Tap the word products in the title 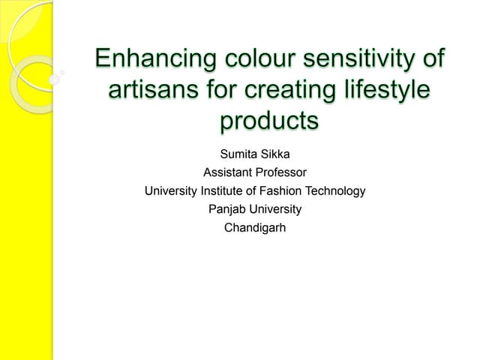[x=268, y=120]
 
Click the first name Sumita [x=237, y=155]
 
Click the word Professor [x=280, y=173]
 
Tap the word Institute [x=226, y=191]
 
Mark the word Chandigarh [x=255, y=227]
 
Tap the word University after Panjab [x=277, y=209]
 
